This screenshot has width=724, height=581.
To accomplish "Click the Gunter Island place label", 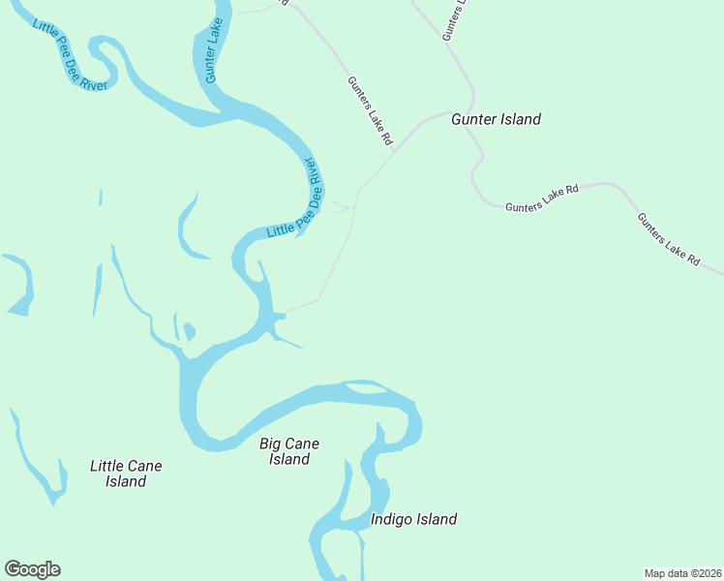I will pyautogui.click(x=496, y=119).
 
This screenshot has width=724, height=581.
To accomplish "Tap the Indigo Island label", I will pyautogui.click(x=413, y=519).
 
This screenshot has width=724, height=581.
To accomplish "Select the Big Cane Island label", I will pyautogui.click(x=289, y=451).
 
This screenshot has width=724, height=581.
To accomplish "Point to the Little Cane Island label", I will pyautogui.click(x=126, y=474).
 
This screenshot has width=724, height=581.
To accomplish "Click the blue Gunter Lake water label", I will pyautogui.click(x=214, y=54).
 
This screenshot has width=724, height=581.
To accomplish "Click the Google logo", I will pyautogui.click(x=32, y=569).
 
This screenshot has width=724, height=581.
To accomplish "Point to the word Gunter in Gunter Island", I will pyautogui.click(x=473, y=119).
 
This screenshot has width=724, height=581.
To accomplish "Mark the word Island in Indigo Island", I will pyautogui.click(x=437, y=519).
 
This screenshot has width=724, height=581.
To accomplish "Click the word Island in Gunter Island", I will pyautogui.click(x=520, y=119).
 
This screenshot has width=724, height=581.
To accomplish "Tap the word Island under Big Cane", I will pyautogui.click(x=289, y=459).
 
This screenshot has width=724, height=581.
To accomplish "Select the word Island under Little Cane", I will pyautogui.click(x=126, y=481).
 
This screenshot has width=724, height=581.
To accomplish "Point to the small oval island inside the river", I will pyautogui.click(x=366, y=388).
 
